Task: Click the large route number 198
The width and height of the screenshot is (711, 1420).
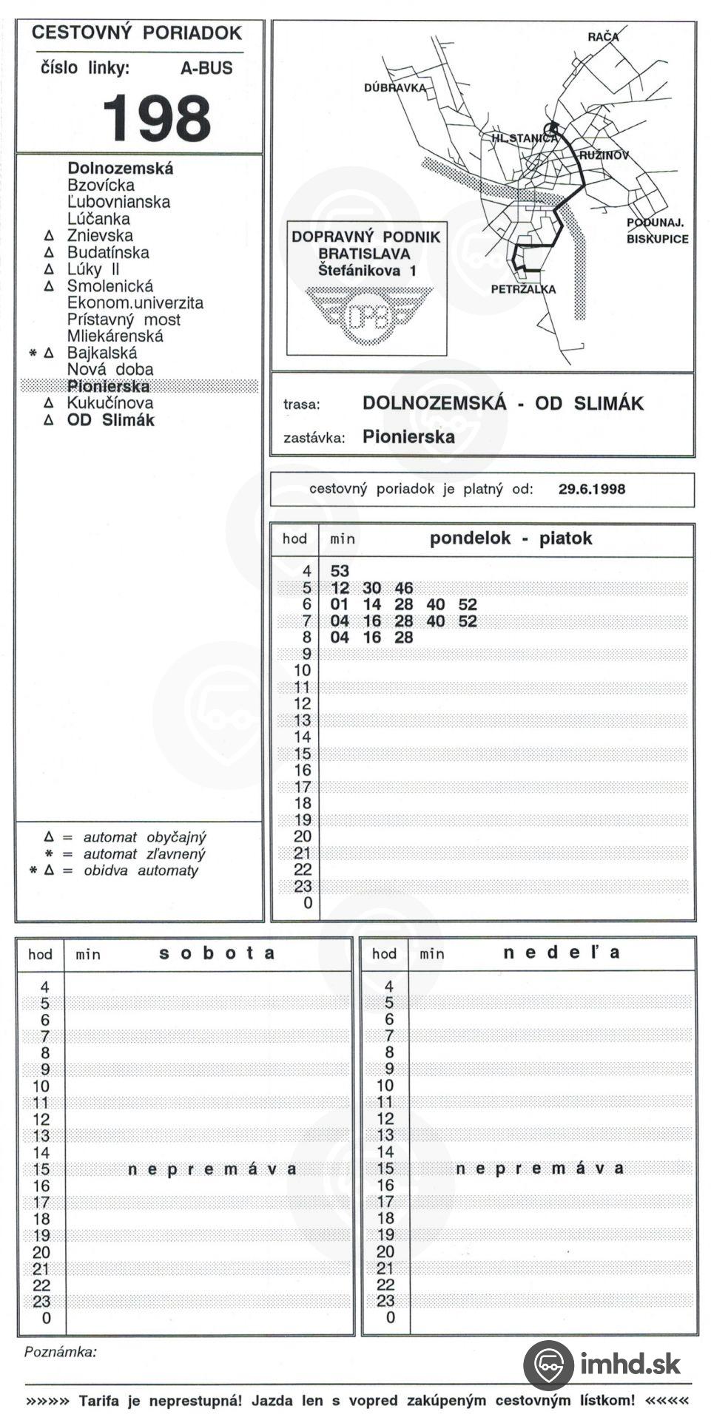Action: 156,118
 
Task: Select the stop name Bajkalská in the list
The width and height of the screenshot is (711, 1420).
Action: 101,353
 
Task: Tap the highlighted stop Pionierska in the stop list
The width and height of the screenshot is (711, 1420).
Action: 108,386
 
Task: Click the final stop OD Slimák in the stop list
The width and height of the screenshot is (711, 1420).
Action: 110,420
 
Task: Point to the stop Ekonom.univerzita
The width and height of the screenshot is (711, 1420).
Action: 135,302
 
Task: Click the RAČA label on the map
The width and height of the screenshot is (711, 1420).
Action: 603,36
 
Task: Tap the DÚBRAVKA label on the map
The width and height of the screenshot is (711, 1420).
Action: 395,88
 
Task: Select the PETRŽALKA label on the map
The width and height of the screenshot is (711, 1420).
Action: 523,289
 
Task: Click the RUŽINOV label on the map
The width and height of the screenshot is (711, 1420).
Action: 603,155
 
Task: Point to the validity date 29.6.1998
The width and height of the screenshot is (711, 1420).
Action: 591,489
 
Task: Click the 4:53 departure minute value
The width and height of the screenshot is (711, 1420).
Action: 340,571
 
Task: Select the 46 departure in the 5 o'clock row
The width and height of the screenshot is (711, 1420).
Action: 404,588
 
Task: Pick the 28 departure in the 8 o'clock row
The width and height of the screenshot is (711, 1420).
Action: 404,638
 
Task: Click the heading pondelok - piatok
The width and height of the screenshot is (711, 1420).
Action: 510,538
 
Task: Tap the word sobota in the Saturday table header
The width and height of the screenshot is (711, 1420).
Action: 217,953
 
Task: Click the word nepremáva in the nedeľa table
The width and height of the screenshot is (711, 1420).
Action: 540,1169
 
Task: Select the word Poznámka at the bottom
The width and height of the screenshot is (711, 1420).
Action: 60,1353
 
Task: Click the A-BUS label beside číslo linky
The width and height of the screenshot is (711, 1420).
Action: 206,68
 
